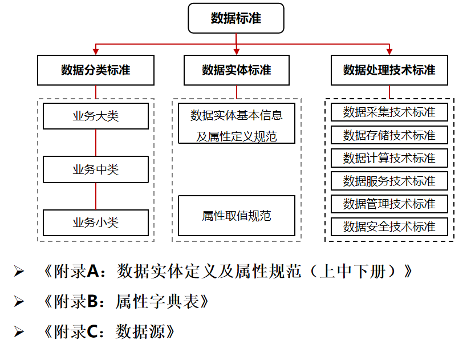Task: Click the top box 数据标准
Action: (x=236, y=18)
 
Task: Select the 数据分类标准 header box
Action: (x=96, y=70)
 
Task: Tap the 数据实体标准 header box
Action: (x=237, y=70)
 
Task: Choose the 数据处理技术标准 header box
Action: (x=389, y=70)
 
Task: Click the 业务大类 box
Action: (x=96, y=116)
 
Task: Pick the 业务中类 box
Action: (x=96, y=169)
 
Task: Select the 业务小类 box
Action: (x=96, y=223)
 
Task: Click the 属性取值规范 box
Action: (x=237, y=216)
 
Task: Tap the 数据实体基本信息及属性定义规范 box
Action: (x=237, y=123)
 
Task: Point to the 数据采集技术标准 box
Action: (x=389, y=112)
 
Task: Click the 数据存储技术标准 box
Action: (x=389, y=135)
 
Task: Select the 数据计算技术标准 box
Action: (x=389, y=158)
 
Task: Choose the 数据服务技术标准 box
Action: (x=389, y=181)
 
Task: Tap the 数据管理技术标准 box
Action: (x=389, y=204)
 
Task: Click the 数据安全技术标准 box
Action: (x=389, y=226)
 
